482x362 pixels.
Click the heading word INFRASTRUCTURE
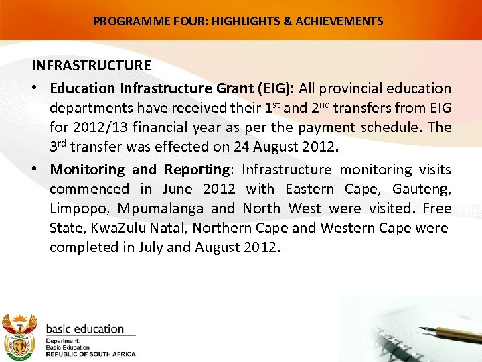[92, 66]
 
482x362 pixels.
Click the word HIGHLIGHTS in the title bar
[246, 21]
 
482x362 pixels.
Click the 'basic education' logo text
[85, 329]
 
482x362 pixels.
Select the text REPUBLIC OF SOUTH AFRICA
[90, 354]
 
